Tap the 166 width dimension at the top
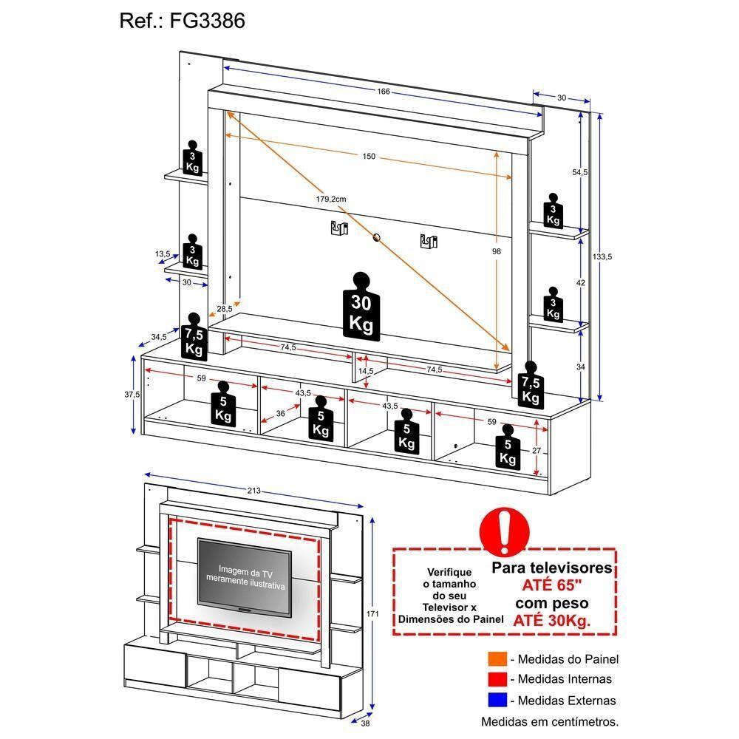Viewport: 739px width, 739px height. click(383, 92)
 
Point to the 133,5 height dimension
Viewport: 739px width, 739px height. click(602, 256)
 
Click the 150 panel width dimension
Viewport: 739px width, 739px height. click(369, 156)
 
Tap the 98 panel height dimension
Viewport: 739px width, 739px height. click(496, 252)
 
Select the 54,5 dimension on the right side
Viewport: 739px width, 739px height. click(580, 172)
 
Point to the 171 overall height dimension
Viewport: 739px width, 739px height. click(372, 614)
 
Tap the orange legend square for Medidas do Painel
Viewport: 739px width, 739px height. click(497, 659)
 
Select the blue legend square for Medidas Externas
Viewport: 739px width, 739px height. click(497, 701)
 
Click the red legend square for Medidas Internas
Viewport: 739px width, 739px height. click(497, 679)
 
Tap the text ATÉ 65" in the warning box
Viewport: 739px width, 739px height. click(551, 586)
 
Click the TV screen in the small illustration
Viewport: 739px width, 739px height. click(244, 576)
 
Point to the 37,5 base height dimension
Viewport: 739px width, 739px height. click(132, 395)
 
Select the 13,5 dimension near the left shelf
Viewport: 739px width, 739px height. click(163, 254)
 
